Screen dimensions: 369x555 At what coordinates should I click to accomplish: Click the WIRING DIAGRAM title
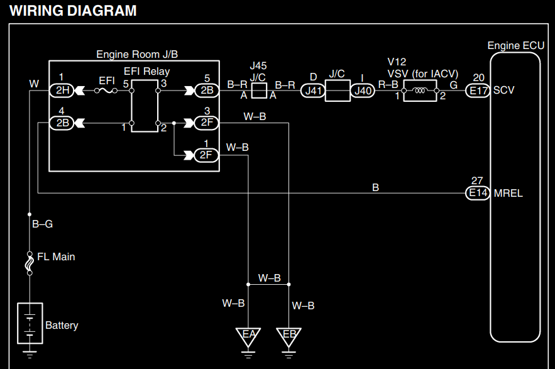73,11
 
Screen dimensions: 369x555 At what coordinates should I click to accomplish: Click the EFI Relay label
146,71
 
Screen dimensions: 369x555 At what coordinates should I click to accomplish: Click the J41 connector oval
314,91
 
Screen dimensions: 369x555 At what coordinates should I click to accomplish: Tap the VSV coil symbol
419,91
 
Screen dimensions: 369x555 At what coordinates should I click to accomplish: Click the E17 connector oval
478,91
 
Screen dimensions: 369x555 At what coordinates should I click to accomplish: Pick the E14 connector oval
478,193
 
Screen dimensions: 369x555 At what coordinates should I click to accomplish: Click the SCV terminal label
504,90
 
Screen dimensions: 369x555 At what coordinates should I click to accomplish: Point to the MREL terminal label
508,193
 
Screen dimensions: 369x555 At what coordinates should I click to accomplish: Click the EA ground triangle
248,335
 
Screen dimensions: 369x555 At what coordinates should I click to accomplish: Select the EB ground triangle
289,335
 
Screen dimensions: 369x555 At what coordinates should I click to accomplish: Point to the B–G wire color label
41,223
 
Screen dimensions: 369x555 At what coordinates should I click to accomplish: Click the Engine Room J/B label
141,55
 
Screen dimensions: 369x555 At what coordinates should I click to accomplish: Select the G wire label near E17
453,84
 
